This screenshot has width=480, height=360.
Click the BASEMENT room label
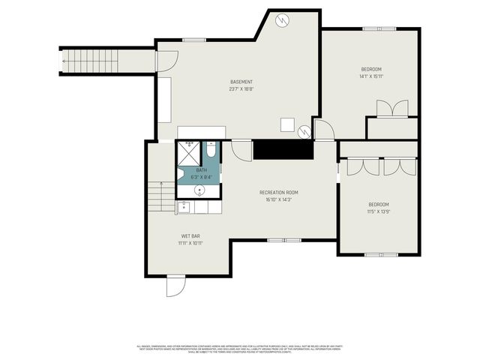click(x=241, y=82)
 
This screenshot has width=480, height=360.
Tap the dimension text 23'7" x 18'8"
click(x=241, y=89)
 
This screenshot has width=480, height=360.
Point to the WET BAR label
click(x=190, y=236)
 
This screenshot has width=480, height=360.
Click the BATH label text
click(x=201, y=170)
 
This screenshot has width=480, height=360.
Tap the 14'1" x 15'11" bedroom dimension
click(x=371, y=76)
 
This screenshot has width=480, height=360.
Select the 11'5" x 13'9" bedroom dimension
click(x=379, y=212)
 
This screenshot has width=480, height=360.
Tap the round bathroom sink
click(x=199, y=190)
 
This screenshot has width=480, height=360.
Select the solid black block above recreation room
click(x=282, y=149)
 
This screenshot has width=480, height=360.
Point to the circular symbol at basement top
click(x=283, y=20)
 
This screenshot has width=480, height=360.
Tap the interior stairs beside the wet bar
click(x=160, y=196)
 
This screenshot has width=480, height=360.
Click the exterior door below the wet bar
click(x=175, y=286)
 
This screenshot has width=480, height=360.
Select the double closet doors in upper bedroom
click(x=392, y=109)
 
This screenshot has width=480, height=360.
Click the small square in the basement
click(x=287, y=124)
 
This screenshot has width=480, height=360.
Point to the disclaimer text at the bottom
click(x=240, y=349)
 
